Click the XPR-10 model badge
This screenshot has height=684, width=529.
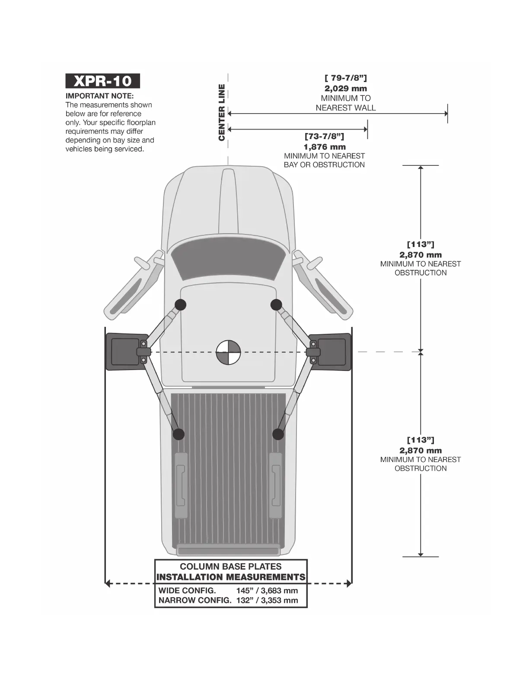pos(103,81)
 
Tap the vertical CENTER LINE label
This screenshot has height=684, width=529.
pos(222,112)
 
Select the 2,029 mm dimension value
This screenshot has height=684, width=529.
pos(346,89)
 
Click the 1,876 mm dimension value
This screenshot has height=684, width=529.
pos(324,147)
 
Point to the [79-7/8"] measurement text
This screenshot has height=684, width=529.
pos(346,78)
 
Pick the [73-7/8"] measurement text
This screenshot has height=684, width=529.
pos(324,136)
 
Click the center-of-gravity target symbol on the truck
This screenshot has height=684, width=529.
pos(228,352)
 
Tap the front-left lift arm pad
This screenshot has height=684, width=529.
pos(180,304)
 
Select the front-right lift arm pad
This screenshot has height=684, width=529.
pos(276,305)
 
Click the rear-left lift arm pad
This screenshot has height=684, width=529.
pos(178,434)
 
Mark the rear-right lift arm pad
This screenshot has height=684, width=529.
pos(278,434)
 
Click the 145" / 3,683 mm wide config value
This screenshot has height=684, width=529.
pos(267,591)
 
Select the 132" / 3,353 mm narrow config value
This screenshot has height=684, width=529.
pos(267,600)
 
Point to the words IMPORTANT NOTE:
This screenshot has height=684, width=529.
pos(100,96)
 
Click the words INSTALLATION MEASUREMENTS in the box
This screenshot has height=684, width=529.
pos(231,577)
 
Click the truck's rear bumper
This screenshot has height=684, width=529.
pos(228,551)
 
